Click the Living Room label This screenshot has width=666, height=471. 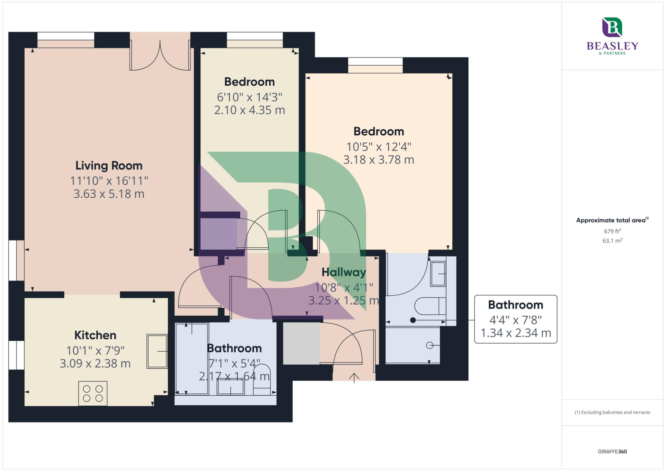109,166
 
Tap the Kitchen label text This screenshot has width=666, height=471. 95,335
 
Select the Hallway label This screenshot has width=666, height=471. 344,272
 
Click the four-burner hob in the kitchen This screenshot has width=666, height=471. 93,393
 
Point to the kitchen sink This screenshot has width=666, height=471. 157,351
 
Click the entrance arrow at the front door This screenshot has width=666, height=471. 354,378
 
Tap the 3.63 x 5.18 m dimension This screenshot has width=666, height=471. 109,194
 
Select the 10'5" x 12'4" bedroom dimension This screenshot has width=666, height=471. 379,147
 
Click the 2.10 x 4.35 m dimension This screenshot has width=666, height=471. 249,110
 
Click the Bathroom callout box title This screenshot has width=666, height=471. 515,305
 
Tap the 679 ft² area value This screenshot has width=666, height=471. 612,231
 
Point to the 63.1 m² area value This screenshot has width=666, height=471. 612,241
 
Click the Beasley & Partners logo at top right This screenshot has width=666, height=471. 612,36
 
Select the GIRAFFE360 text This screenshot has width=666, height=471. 612,451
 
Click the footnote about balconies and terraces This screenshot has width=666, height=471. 612,412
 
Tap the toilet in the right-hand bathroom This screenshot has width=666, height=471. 429,306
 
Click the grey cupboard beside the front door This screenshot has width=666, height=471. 301,343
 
